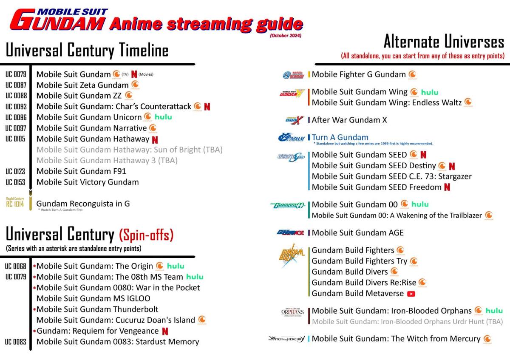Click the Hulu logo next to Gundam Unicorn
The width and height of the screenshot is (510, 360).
click(163, 117)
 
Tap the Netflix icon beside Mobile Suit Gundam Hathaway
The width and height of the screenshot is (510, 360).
click(155, 139)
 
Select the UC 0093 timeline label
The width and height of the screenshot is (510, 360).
click(16, 106)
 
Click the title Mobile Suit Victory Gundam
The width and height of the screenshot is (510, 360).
click(88, 182)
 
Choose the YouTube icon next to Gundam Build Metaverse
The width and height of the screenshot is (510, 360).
click(411, 294)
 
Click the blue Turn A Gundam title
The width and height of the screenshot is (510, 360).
click(340, 137)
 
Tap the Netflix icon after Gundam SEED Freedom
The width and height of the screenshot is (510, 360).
click(447, 187)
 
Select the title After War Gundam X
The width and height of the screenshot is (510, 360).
click(349, 120)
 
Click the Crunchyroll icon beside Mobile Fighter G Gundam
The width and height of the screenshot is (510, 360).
click(412, 75)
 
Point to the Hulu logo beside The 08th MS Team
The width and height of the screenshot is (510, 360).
click(195, 277)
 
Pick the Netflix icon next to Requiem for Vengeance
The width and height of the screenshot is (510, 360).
click(165, 331)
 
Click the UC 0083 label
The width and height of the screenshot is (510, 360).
click(16, 342)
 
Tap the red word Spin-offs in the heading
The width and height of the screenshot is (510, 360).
click(146, 234)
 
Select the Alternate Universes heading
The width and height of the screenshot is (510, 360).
click(443, 42)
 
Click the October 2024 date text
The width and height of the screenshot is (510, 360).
click(285, 36)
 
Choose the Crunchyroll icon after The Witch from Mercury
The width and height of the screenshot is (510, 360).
click(487, 339)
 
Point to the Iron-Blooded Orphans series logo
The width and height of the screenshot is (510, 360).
click(293, 312)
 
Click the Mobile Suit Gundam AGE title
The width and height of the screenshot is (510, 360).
click(357, 232)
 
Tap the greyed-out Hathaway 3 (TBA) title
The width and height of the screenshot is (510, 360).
click(107, 160)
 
